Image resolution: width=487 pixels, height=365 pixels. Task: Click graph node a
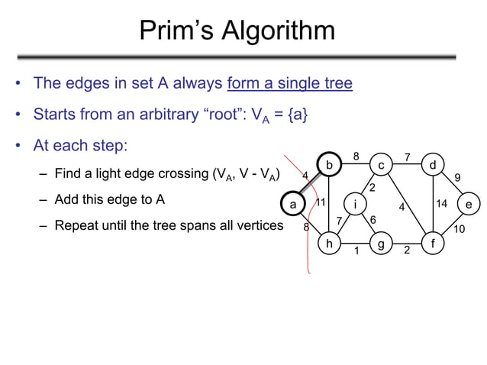[x=292, y=204]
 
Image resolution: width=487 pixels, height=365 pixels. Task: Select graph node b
[x=329, y=165]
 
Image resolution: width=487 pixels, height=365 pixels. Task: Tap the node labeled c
[x=381, y=165]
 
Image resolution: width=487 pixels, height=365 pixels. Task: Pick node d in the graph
[x=433, y=165]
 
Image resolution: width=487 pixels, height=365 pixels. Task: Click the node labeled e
[x=469, y=204]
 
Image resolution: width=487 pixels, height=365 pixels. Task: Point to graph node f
[x=433, y=244]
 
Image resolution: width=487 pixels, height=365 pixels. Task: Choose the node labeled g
[x=381, y=244]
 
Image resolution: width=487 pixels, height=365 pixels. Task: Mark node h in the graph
[x=329, y=244]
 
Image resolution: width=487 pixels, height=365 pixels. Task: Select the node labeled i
[x=355, y=204]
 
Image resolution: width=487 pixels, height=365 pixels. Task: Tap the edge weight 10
[x=459, y=229]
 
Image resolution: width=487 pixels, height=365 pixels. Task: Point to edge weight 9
[x=457, y=177]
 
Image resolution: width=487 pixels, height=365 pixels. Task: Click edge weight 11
[x=321, y=203]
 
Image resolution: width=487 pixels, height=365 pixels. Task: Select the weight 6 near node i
[x=373, y=220]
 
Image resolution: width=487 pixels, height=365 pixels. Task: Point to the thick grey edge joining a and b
[x=310, y=185]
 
